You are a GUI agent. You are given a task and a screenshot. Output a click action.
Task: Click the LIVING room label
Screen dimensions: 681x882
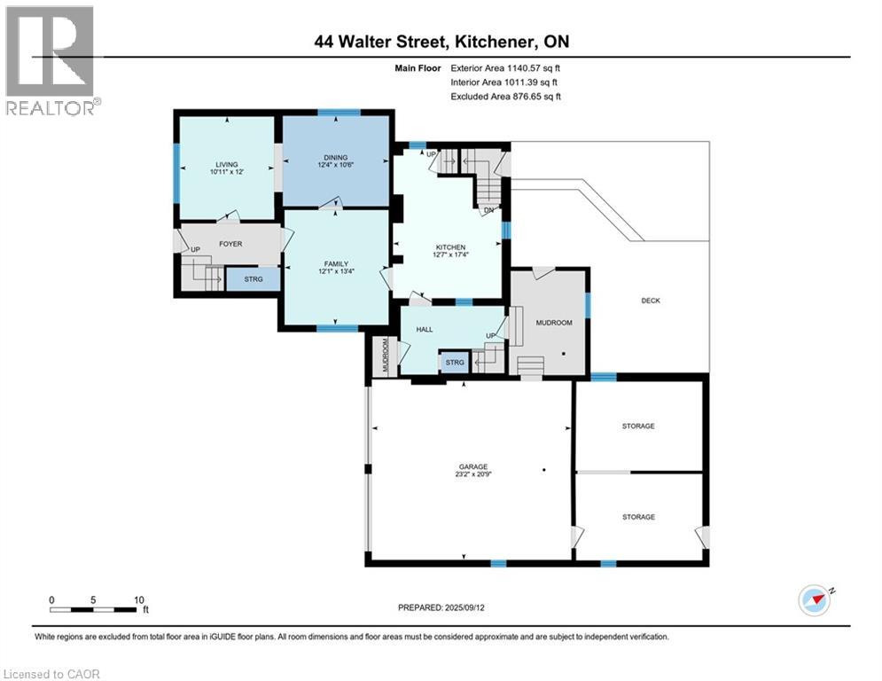click(225, 164)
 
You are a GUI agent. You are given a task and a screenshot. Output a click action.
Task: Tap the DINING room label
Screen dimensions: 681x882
click(335, 157)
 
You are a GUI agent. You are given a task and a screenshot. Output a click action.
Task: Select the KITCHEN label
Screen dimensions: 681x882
click(450, 247)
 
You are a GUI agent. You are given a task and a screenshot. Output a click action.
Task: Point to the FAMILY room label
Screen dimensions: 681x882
click(335, 263)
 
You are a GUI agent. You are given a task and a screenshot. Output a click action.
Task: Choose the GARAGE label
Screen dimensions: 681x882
click(472, 466)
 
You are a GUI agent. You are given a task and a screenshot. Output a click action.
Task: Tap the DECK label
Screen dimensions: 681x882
click(651, 301)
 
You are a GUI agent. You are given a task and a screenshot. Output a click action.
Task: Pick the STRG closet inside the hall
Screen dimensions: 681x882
click(455, 363)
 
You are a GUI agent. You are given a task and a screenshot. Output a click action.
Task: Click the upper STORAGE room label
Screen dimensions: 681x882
click(638, 427)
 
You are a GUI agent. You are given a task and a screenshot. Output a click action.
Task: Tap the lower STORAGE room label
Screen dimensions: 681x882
click(638, 517)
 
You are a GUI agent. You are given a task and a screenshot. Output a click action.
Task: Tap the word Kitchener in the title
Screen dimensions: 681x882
click(507, 42)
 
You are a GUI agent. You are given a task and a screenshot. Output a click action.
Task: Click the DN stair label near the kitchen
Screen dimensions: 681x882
click(488, 211)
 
